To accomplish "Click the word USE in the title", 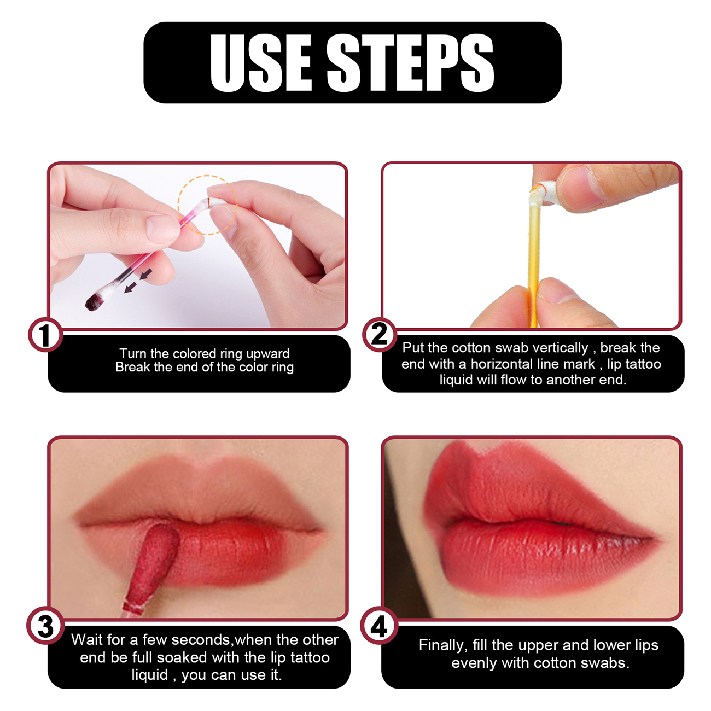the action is [261, 63].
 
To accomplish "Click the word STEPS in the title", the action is [410, 63].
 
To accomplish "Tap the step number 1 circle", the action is [45, 334].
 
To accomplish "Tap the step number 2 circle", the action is [380, 334].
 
